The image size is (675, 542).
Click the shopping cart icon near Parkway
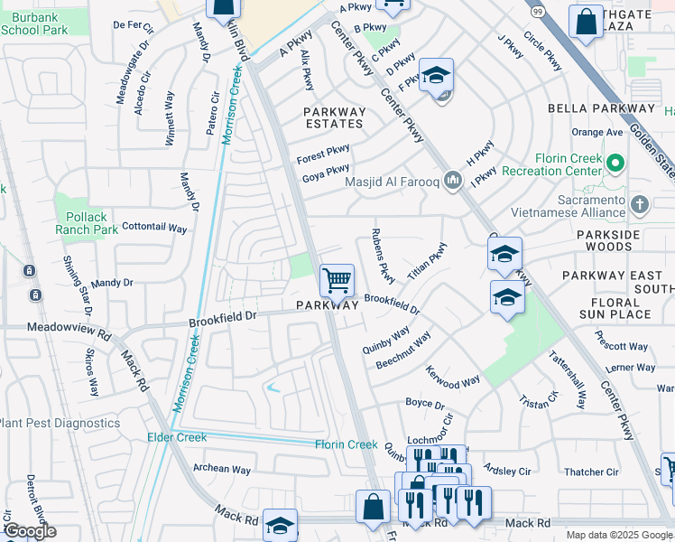[x=337, y=280]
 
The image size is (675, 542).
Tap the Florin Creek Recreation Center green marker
[x=616, y=164]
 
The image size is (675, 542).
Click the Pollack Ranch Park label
[x=86, y=223]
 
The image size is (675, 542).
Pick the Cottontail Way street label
[x=153, y=229]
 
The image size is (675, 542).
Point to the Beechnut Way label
[x=403, y=350]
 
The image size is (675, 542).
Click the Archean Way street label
[x=222, y=469]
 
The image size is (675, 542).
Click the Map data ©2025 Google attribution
[x=619, y=535]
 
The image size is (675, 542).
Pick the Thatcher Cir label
[x=591, y=472]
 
